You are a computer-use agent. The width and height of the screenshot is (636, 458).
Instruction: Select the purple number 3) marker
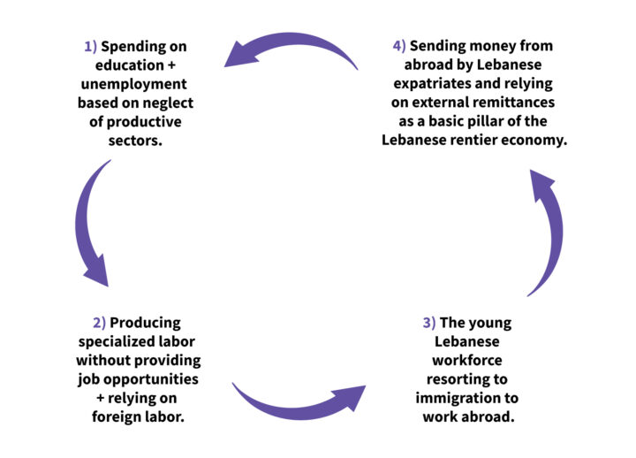point(429,323)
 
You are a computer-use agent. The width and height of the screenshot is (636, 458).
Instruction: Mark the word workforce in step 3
point(466,360)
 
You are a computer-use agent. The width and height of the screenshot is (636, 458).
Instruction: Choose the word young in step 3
point(490,323)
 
